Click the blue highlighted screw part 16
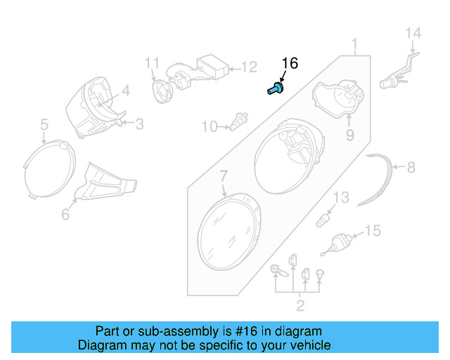[275, 89]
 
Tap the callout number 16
[290, 63]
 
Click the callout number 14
[413, 32]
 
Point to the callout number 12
[250, 67]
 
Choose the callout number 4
[126, 90]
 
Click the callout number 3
[139, 124]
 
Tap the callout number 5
[44, 124]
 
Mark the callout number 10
[210, 127]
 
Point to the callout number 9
[349, 134]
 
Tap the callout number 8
[411, 167]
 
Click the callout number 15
[373, 231]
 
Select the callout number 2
[300, 304]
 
